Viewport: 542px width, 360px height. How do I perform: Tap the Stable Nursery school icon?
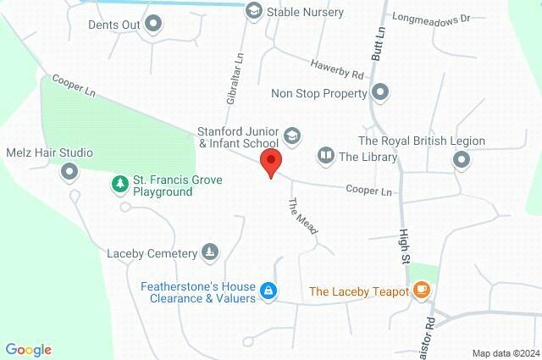point(253,12)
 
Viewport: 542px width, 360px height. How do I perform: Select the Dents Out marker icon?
point(153,25)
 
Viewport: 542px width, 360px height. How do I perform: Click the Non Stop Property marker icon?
point(380,92)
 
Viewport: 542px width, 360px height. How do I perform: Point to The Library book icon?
point(325,156)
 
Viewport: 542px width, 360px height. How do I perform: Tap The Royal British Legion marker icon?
point(461,159)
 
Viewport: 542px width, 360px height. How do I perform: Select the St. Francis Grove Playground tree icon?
point(120,183)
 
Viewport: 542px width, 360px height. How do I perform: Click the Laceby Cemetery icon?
point(209,252)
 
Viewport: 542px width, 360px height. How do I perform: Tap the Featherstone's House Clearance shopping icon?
point(268,291)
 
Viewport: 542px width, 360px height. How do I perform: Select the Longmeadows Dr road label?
point(432,18)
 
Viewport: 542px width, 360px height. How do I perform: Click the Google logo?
point(28,350)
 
